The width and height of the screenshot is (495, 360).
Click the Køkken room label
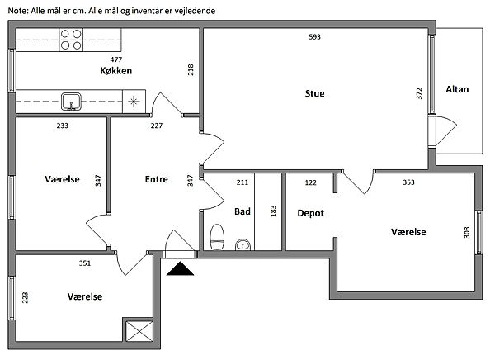coord(115,70)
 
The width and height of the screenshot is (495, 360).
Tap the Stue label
coord(315,93)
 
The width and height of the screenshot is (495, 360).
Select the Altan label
coord(457,89)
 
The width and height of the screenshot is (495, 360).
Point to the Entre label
coord(156,179)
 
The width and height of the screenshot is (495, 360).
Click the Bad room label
coord(242,211)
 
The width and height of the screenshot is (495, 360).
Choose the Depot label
coord(311,213)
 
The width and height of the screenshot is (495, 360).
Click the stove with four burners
coord(71,40)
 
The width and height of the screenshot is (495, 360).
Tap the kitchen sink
coord(71,102)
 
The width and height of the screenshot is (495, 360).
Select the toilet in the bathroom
coord(217,237)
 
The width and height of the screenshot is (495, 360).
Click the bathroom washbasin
coord(243,245)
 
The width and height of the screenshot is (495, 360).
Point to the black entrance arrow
coord(180,268)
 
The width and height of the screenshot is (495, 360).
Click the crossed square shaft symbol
coord(139,331)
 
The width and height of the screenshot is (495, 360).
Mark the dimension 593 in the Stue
coord(315,37)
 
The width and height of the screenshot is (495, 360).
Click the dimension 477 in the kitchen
coord(115,59)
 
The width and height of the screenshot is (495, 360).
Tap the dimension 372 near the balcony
coord(419,93)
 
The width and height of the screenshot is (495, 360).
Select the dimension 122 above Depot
coord(311,182)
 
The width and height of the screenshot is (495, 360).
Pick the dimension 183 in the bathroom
coord(273,211)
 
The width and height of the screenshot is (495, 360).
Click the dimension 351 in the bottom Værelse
coord(85,263)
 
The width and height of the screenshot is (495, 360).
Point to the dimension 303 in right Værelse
coord(467,232)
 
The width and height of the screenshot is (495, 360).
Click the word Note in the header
coord(18,11)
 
